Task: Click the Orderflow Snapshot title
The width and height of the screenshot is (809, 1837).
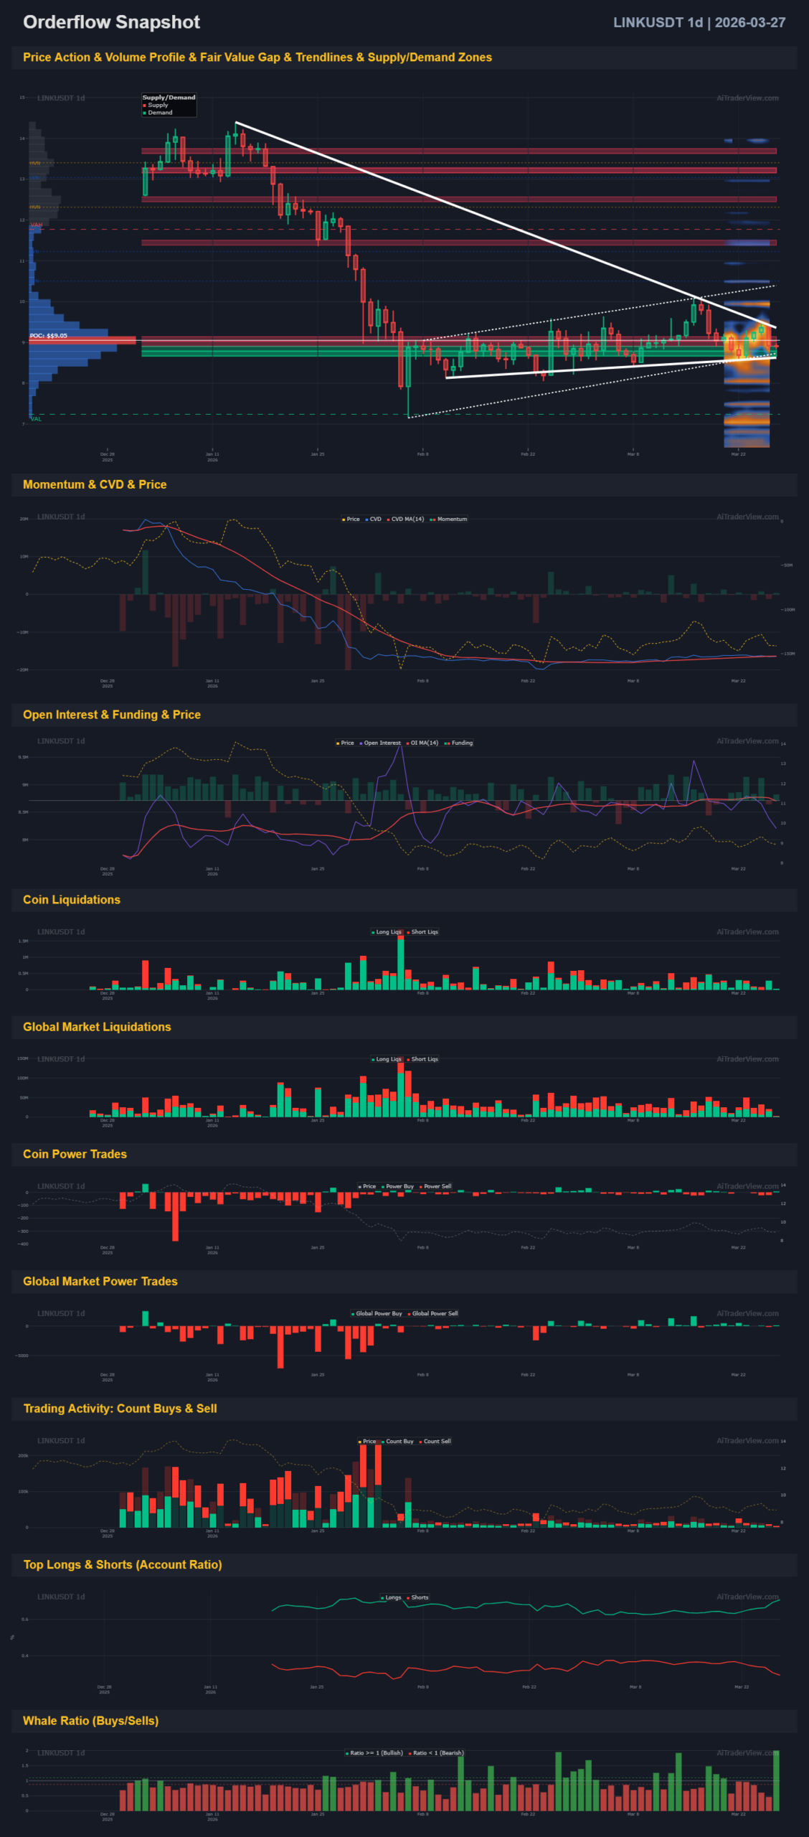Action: [x=111, y=22]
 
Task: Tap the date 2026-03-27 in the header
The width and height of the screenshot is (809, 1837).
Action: [x=749, y=22]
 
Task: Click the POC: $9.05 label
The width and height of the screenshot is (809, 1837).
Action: [x=49, y=336]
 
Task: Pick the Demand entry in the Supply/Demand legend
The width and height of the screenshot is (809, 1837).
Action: [x=160, y=113]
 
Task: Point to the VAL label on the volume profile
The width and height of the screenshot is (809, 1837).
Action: [x=36, y=419]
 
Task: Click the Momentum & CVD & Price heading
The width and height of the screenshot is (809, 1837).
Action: [x=95, y=484]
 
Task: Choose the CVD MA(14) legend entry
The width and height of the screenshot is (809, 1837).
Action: [x=407, y=519]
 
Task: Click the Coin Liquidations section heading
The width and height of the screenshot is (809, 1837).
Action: [x=72, y=900]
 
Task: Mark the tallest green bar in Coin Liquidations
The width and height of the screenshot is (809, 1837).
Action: [x=401, y=963]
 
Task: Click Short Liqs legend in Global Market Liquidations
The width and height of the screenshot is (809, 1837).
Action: [x=425, y=1059]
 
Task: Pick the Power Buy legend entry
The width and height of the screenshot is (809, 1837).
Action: [x=399, y=1186]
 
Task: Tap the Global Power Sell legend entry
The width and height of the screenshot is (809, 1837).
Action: [x=435, y=1313]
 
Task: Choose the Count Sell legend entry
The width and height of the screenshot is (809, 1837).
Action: [x=437, y=1441]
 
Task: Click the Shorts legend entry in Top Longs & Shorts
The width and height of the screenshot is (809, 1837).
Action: [x=420, y=1597]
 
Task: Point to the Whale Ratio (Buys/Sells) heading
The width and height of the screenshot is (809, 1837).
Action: [x=91, y=1721]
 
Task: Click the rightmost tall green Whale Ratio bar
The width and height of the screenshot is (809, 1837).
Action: [x=776, y=1780]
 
